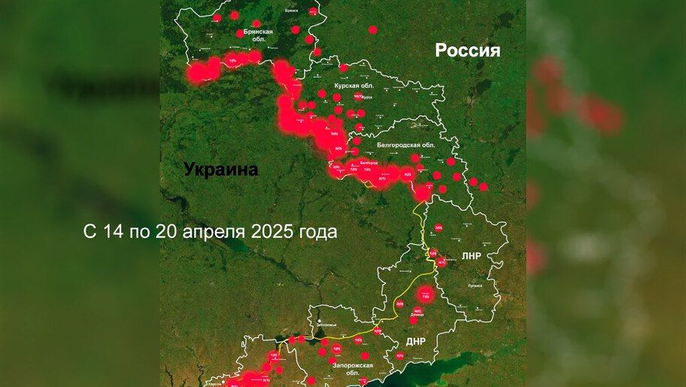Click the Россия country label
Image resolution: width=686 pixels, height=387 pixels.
coord(467,50)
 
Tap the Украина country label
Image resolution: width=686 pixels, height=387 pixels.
coord(221,170)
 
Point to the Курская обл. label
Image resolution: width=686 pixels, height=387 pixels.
coord(354,86)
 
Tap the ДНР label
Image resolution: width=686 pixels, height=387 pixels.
coord(415,341)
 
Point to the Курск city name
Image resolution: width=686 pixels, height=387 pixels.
coord(367,98)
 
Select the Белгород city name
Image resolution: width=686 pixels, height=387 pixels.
coord(369,163)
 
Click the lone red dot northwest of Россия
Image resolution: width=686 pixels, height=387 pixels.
coord(372,30)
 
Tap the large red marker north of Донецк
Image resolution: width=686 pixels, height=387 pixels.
coord(425,296)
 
